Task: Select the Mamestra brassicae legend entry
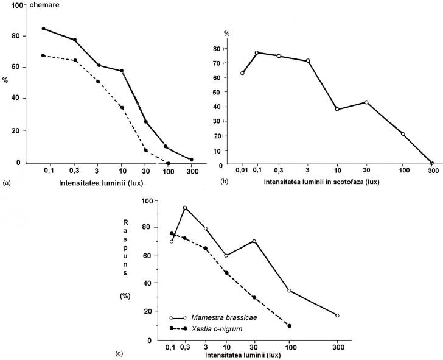[218, 317]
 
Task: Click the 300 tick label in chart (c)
[337, 348]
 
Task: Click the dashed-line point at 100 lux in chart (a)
[168, 163]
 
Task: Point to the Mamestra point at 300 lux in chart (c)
[337, 316]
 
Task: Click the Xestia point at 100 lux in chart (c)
[290, 326]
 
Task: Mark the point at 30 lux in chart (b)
[366, 102]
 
